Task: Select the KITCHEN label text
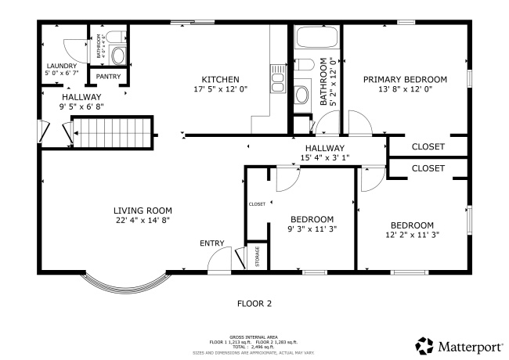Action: click(220, 79)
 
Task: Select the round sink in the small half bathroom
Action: click(117, 56)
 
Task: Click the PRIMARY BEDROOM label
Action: click(405, 79)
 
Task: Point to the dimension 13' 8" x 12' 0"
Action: click(405, 89)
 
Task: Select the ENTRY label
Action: click(211, 243)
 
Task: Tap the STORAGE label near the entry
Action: click(258, 257)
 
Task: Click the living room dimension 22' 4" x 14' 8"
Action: click(143, 221)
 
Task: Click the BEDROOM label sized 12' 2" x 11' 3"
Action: click(412, 225)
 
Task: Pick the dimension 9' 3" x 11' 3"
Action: click(312, 229)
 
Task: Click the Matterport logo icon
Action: click(424, 345)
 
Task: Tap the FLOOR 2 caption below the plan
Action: click(254, 302)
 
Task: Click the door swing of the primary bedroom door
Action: click(359, 124)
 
